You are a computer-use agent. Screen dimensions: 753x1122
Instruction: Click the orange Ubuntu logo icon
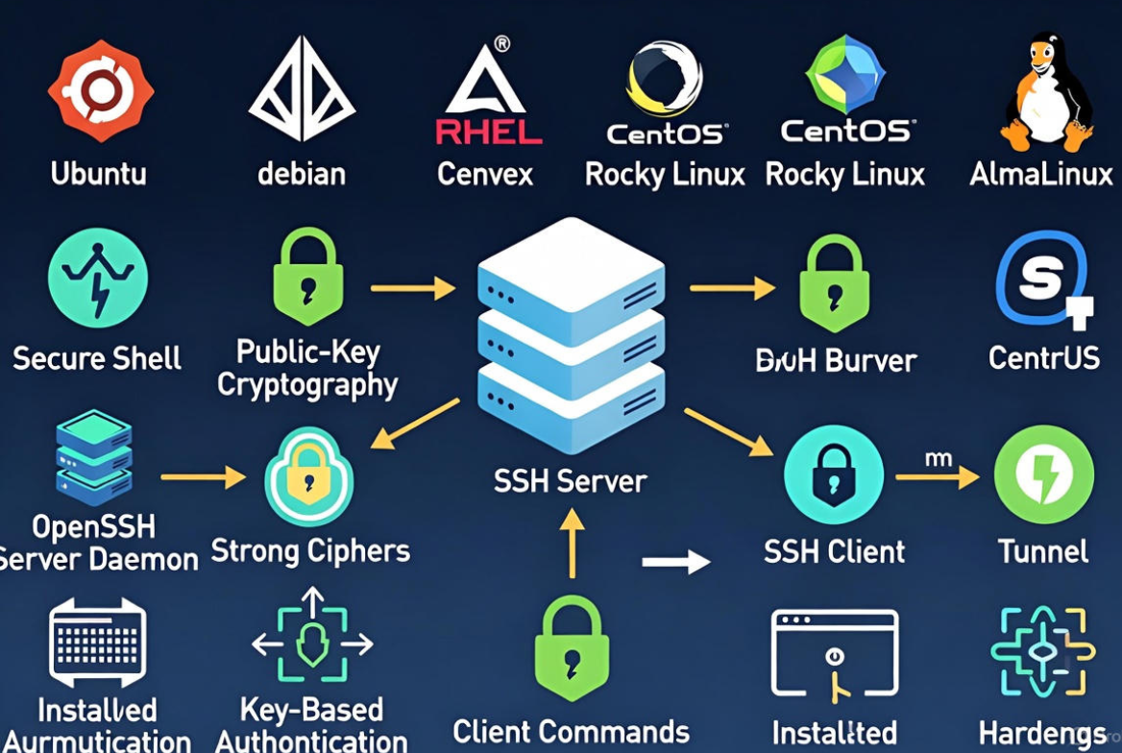click(100, 92)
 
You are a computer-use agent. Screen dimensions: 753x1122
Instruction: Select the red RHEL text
click(489, 131)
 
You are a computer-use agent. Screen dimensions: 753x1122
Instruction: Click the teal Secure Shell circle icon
click(98, 278)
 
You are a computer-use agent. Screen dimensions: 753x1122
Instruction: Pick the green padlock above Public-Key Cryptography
click(307, 279)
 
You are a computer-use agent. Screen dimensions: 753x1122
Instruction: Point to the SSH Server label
click(571, 480)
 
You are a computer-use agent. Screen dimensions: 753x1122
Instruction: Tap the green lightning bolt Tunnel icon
click(1043, 475)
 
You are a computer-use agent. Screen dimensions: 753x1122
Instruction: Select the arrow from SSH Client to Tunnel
click(937, 476)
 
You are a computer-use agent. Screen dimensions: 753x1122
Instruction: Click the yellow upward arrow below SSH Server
click(572, 543)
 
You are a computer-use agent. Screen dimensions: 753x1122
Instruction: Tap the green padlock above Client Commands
click(572, 648)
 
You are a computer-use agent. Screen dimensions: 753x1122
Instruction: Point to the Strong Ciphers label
click(310, 551)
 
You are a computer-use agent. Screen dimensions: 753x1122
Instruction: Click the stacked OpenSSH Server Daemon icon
click(94, 457)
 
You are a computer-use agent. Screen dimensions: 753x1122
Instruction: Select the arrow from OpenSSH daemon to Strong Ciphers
click(203, 475)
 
